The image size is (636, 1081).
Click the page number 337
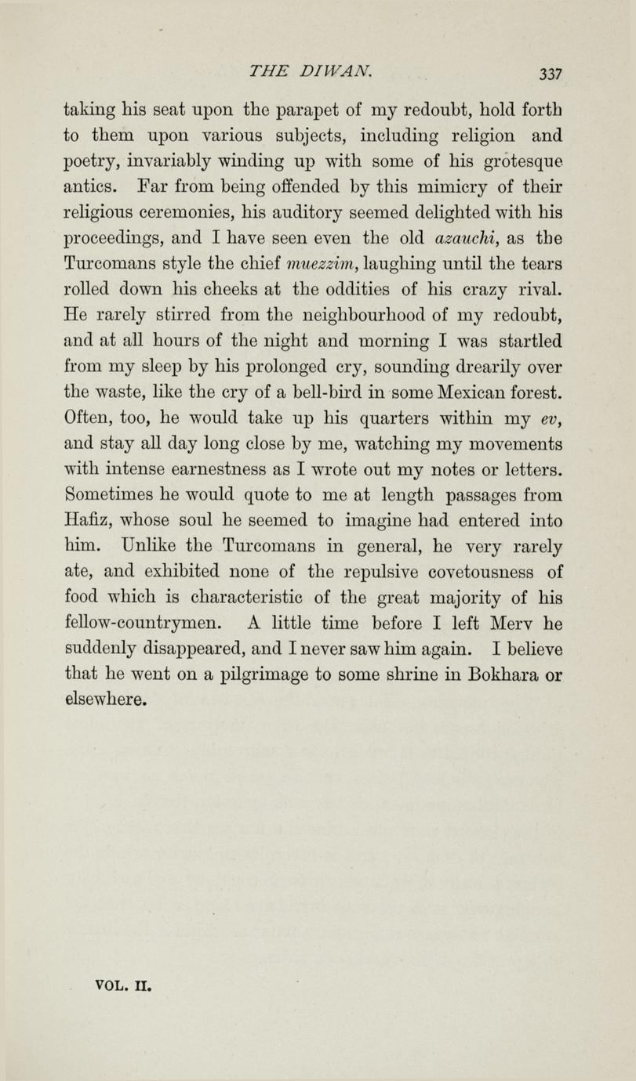click(551, 74)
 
